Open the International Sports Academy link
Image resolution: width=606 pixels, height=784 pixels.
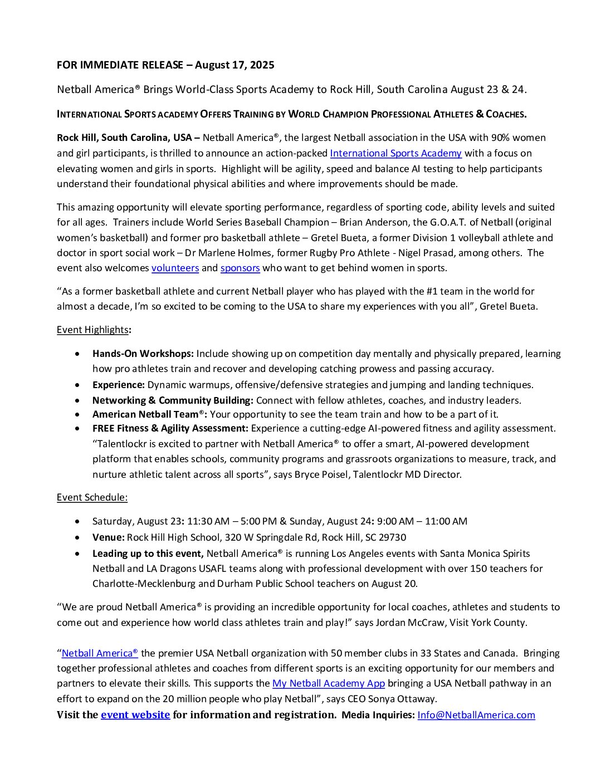[x=395, y=153]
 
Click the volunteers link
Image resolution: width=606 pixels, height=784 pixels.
[x=175, y=268]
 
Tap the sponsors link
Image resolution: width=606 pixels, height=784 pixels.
[x=240, y=268]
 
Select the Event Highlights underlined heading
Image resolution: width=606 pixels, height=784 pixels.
[x=92, y=330]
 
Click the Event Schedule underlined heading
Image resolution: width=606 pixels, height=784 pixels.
[x=92, y=497]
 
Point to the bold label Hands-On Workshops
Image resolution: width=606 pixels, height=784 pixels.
[x=143, y=354]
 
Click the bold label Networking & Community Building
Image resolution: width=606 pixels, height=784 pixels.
[x=173, y=400]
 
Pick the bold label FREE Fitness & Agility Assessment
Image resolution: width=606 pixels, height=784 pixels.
[x=170, y=428]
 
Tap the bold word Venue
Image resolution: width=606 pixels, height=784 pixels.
[x=108, y=537]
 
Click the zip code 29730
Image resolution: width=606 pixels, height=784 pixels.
[x=392, y=537]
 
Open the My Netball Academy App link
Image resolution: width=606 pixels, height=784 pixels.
[x=329, y=683]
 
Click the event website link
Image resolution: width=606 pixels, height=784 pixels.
[x=135, y=715]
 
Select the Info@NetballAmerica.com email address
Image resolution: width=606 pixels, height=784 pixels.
[x=476, y=715]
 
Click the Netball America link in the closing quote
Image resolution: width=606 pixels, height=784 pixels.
[x=100, y=653]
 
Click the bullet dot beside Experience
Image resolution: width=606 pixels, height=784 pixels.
[x=79, y=385]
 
